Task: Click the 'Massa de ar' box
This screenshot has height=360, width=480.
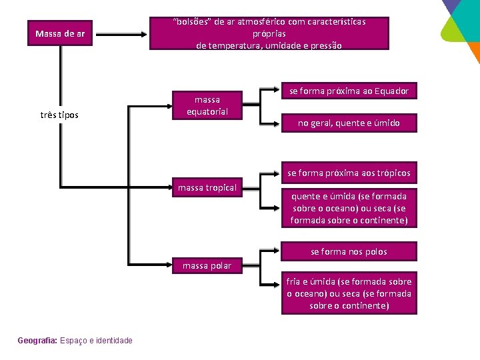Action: (x=60, y=33)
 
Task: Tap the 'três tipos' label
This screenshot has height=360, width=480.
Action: (x=60, y=115)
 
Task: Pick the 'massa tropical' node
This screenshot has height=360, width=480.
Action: (x=207, y=187)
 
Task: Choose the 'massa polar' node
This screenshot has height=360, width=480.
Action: (x=207, y=265)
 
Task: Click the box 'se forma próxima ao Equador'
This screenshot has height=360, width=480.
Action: (x=349, y=91)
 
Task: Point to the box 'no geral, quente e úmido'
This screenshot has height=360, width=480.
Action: (x=349, y=123)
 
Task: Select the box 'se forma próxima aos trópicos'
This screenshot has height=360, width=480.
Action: (x=349, y=173)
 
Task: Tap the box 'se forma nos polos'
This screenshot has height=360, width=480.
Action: (x=349, y=251)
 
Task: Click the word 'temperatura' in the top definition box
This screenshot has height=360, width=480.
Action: (x=234, y=45)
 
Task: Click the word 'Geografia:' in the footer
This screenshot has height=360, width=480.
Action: (x=37, y=341)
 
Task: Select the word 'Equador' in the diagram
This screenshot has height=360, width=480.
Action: (x=391, y=91)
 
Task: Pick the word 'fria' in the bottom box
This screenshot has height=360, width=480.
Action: (x=295, y=281)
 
